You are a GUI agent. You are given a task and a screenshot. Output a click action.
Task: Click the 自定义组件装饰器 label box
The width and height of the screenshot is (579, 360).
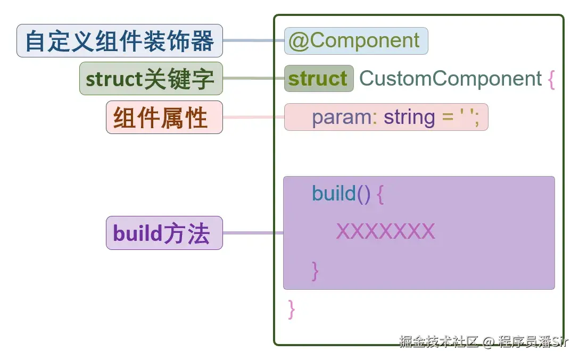click(120, 41)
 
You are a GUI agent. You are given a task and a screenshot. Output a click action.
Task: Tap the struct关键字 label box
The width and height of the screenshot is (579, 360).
click(151, 79)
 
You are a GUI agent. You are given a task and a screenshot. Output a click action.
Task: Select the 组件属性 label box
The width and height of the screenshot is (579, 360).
click(164, 117)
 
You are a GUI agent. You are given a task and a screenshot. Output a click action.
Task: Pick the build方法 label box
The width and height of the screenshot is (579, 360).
click(164, 233)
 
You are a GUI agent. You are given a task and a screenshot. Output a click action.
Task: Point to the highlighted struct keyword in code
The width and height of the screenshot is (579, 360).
click(318, 79)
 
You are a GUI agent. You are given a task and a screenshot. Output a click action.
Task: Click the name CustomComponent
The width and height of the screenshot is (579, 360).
click(450, 79)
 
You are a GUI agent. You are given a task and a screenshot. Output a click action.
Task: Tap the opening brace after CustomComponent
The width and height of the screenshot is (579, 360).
click(551, 79)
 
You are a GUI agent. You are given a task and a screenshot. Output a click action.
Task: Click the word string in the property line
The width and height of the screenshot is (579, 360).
click(409, 117)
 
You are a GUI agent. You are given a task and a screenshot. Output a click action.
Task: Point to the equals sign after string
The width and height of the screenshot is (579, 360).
click(448, 118)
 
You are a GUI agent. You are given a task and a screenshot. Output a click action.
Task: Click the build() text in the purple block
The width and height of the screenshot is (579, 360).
click(341, 194)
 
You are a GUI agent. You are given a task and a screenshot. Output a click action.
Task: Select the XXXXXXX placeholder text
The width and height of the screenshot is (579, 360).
click(386, 232)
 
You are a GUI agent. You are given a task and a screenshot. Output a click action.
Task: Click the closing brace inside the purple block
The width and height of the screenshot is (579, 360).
click(315, 271)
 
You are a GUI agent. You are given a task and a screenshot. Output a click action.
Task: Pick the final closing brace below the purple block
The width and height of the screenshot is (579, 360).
click(291, 309)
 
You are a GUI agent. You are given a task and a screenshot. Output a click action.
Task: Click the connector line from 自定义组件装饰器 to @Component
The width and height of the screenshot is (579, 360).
click(253, 41)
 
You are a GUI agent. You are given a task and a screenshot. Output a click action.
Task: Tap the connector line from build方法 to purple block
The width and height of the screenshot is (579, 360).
click(252, 233)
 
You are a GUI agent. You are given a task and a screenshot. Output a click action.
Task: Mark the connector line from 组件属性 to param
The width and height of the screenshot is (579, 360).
click(253, 117)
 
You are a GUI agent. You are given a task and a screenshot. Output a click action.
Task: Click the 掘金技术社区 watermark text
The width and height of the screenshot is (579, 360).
click(439, 341)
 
